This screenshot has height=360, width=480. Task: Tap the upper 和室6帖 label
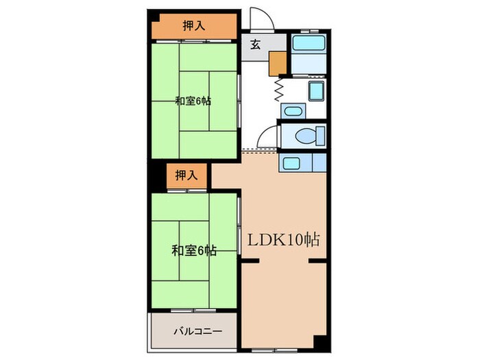(193, 101)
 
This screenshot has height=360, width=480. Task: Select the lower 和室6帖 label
(194, 251)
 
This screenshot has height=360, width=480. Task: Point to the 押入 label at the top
(194, 27)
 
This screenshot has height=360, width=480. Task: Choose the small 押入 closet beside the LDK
(186, 176)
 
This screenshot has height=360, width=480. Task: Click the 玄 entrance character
(254, 46)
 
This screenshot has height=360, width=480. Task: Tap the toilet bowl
(306, 136)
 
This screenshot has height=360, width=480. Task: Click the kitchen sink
(291, 163)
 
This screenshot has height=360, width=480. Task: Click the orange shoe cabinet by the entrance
(278, 62)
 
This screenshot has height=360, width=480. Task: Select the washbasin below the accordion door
(291, 111)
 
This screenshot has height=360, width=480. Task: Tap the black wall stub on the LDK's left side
(248, 262)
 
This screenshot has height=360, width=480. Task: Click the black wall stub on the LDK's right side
(317, 262)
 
